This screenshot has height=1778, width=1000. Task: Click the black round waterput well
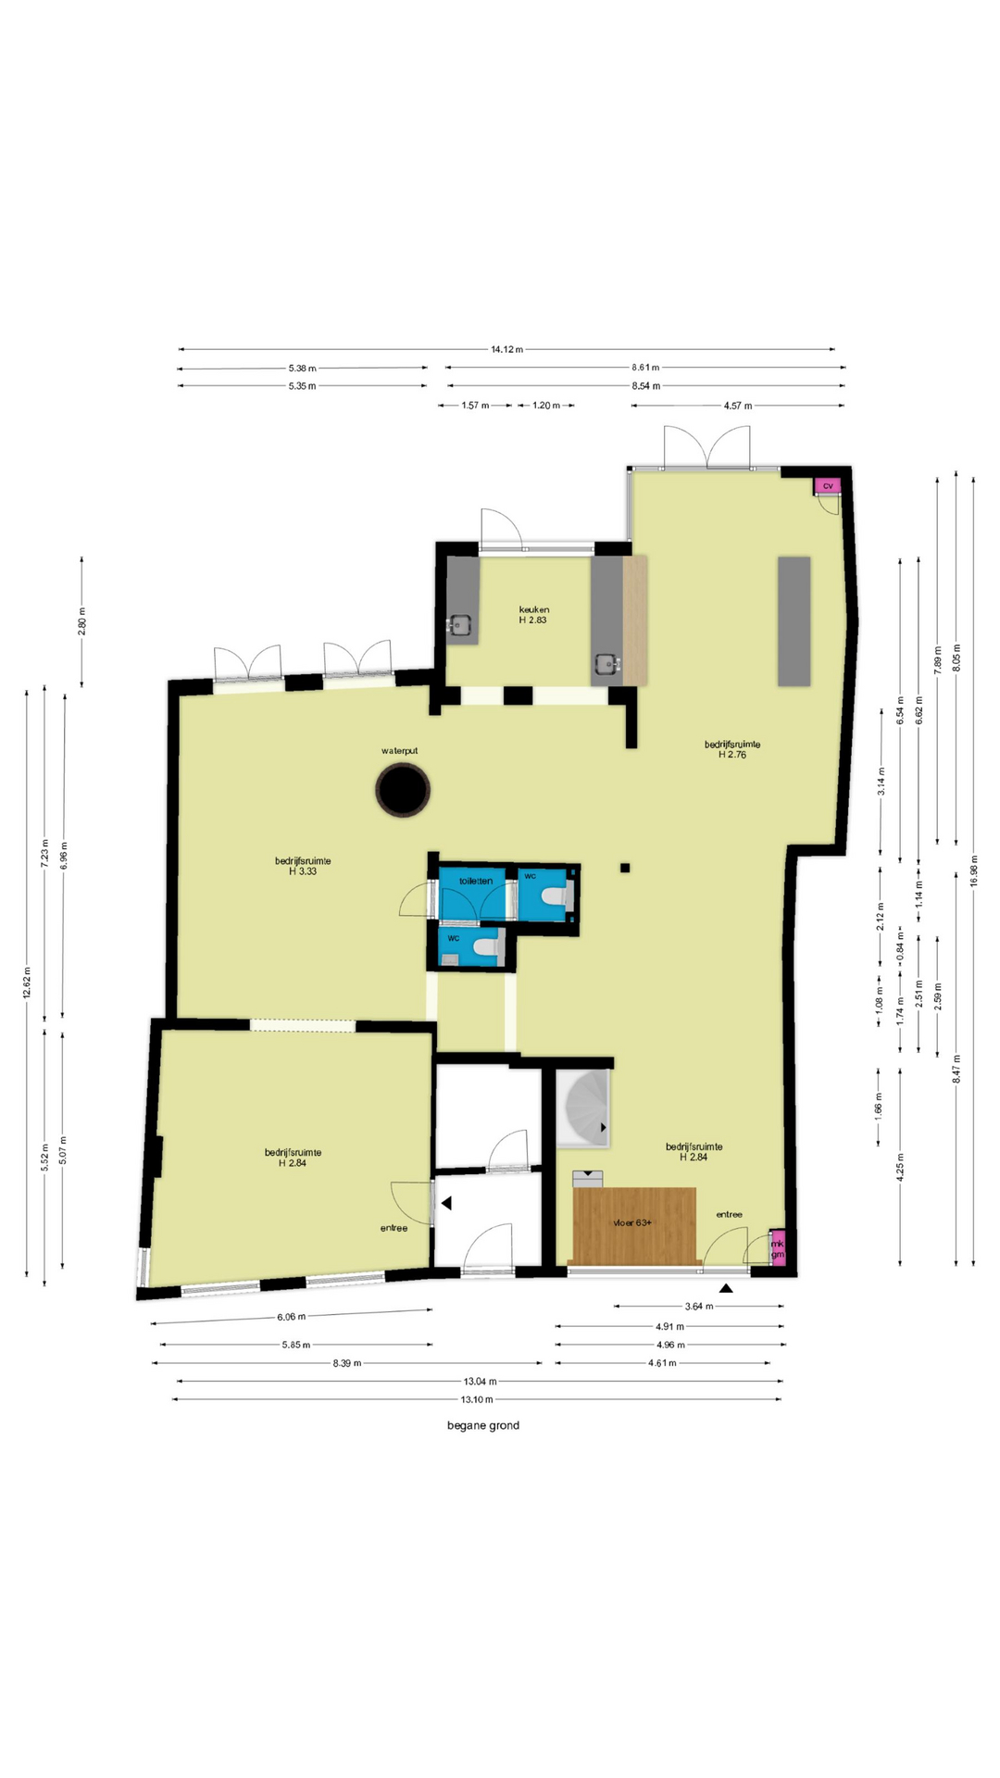(x=403, y=790)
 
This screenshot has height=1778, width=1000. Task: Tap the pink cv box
(x=827, y=485)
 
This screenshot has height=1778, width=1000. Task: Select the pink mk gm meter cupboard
(x=778, y=1248)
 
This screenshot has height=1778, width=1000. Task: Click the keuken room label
(x=533, y=615)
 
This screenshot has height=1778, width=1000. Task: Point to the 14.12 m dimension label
(x=506, y=349)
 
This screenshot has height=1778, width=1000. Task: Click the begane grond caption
(x=483, y=1425)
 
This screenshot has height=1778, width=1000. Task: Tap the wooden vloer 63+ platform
(x=634, y=1225)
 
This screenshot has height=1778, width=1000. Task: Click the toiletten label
(x=476, y=881)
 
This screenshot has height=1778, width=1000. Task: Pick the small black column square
(x=625, y=868)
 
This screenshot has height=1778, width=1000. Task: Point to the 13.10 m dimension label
(x=477, y=1399)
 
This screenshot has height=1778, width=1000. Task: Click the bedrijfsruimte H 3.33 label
(x=303, y=866)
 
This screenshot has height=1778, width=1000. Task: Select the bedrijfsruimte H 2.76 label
(x=732, y=749)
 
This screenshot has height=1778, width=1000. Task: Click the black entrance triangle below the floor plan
(x=727, y=1288)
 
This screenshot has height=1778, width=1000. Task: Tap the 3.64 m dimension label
(x=699, y=1307)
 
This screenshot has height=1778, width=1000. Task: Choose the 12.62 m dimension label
(x=27, y=982)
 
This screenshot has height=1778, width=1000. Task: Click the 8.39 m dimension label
(x=346, y=1363)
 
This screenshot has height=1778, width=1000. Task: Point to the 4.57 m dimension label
(x=738, y=406)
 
